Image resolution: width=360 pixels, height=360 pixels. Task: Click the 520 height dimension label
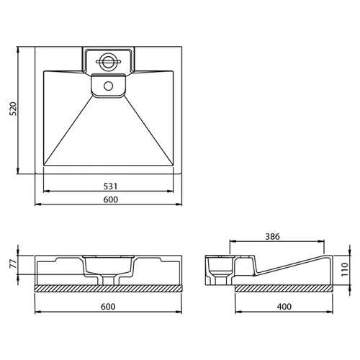click(x=13, y=109)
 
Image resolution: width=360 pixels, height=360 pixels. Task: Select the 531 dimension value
click(x=110, y=186)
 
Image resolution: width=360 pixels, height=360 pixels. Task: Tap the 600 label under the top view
click(x=111, y=199)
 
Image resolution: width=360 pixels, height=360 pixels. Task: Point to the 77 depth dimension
click(x=14, y=264)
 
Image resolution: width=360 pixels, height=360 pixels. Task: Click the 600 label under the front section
click(x=108, y=307)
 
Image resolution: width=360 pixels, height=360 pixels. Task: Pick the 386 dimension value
click(x=273, y=237)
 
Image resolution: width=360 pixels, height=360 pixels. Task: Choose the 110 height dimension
click(x=345, y=269)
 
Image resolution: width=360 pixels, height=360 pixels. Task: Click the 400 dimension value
click(x=284, y=307)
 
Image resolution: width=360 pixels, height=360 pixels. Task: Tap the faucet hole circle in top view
click(x=108, y=61)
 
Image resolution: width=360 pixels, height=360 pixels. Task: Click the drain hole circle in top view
click(x=108, y=86)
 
